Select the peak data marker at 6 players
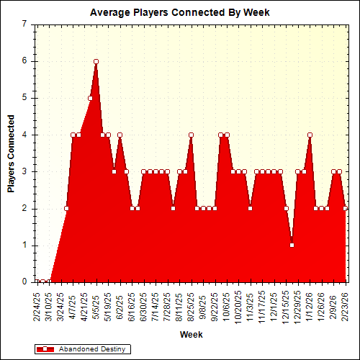[x=96, y=62]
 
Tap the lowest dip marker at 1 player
[x=292, y=246]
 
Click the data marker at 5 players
[x=90, y=98]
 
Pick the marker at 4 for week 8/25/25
[x=191, y=135]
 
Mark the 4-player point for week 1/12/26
[x=310, y=135]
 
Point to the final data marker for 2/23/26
[x=346, y=208]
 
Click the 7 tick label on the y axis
[x=24, y=24]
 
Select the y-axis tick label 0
[x=24, y=282]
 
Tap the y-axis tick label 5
[x=24, y=98]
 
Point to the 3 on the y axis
[x=24, y=171]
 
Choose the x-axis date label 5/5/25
[x=96, y=307]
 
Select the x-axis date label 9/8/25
[x=203, y=307]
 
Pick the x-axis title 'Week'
[x=191, y=335]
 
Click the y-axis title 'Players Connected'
[x=11, y=153]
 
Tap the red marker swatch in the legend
[x=45, y=348]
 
